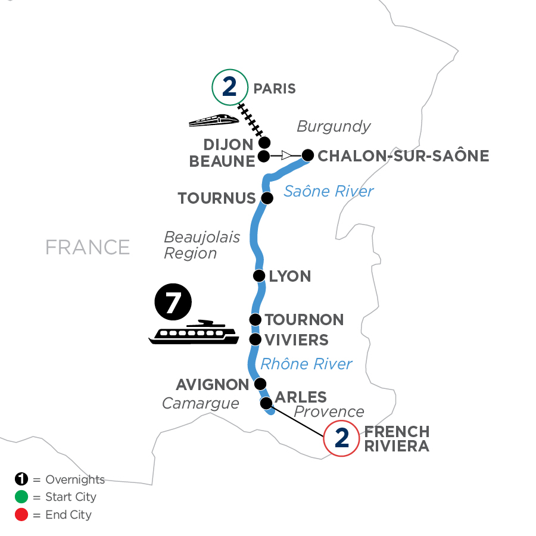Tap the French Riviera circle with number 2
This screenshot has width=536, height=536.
(341, 439)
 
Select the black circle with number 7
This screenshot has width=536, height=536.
(173, 303)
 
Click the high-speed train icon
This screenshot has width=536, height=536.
(213, 120)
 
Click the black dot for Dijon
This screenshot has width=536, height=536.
(264, 142)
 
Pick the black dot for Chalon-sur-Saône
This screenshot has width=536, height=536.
(307, 156)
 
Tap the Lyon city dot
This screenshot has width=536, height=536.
(259, 276)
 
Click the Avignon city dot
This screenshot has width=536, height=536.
(260, 384)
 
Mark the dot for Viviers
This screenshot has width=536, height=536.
(255, 339)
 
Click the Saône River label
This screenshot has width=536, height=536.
(328, 191)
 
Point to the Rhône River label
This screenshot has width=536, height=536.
(307, 363)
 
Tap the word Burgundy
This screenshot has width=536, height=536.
(334, 126)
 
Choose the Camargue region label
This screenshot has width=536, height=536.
(201, 404)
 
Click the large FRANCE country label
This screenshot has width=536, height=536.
(88, 247)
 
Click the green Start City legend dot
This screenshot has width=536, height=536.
(20, 497)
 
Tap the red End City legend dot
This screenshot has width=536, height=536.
(20, 514)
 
